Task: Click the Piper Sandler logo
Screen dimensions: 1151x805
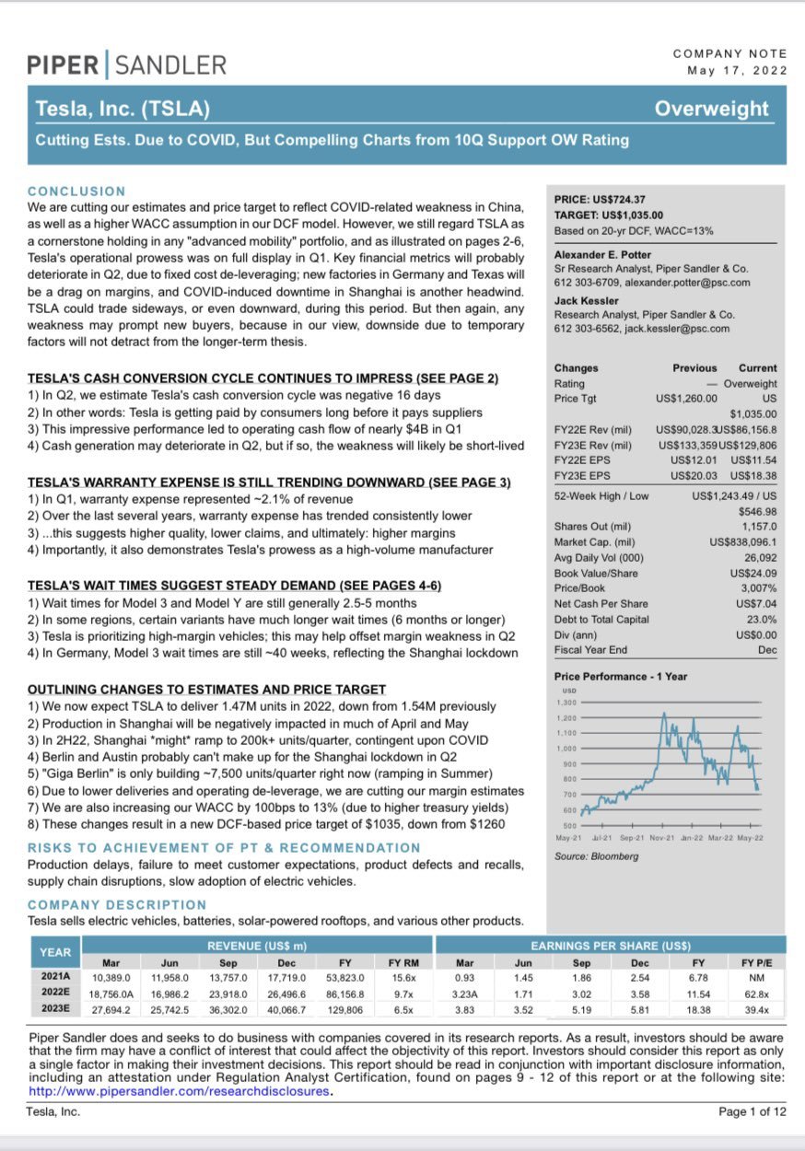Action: [x=126, y=64]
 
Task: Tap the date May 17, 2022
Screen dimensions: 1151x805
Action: [x=737, y=70]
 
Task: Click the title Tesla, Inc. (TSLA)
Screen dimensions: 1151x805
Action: [x=122, y=110]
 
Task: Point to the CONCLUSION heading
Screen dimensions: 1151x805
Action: [x=76, y=191]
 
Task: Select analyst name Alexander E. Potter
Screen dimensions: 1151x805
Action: [x=602, y=254]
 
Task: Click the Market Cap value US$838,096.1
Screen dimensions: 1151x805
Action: [x=743, y=542]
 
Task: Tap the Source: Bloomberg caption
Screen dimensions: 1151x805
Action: [x=596, y=856]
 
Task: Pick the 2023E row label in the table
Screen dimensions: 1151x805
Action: [x=54, y=1010]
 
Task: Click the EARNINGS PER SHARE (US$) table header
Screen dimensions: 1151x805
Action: [x=611, y=946]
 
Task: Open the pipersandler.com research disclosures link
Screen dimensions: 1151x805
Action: [x=179, y=1091]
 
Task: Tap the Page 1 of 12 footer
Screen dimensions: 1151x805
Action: [x=752, y=1111]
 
